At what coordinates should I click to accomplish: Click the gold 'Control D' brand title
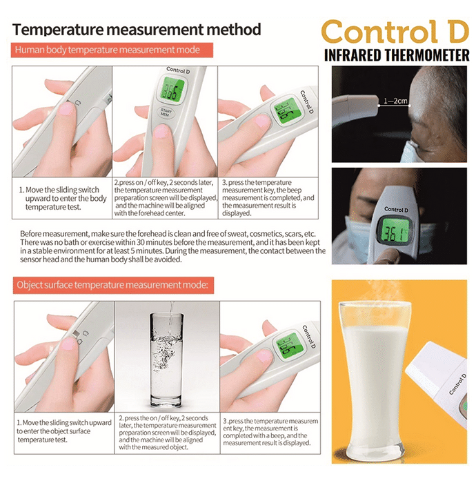(395, 32)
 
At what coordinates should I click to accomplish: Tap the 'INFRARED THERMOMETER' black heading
(397, 55)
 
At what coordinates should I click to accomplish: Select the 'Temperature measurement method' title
(137, 30)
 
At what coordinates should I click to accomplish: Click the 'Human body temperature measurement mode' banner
(112, 50)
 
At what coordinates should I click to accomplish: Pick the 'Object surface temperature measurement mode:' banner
(113, 285)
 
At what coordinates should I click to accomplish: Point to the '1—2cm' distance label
(395, 101)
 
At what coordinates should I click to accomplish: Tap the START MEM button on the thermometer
(166, 112)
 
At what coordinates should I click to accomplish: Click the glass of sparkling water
(166, 358)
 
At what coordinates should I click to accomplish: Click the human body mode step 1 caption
(63, 199)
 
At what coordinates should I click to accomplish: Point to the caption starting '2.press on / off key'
(166, 198)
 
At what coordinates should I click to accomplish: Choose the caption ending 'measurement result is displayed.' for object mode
(270, 432)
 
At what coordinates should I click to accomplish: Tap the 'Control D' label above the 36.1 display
(396, 210)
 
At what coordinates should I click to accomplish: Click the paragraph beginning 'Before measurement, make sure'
(172, 246)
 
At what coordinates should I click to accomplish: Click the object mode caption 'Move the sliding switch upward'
(64, 431)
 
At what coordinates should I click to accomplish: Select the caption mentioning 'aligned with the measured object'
(167, 433)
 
